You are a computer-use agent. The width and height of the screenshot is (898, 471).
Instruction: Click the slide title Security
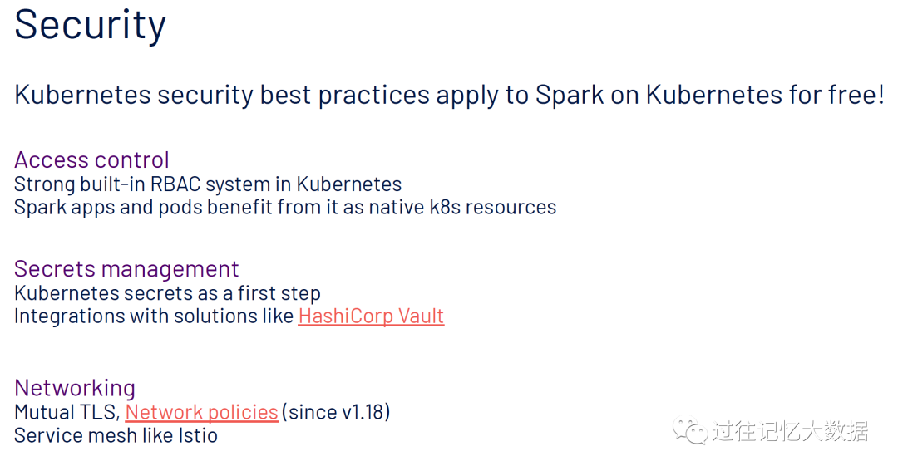[x=90, y=25]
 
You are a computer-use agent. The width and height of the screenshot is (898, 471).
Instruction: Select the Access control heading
[x=91, y=159]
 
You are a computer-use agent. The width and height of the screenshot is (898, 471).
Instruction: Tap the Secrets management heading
[x=126, y=269]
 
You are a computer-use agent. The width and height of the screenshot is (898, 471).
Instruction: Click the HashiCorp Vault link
[x=371, y=316]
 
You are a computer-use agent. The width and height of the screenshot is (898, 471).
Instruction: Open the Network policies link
[x=201, y=412]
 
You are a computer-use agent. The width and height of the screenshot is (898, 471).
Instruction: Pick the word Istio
[x=198, y=435]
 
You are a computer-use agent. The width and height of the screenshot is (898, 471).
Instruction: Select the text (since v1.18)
[x=336, y=412]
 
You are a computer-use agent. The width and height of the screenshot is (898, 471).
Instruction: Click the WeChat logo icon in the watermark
[x=690, y=430]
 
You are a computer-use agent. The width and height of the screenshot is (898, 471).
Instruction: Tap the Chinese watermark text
[x=791, y=431]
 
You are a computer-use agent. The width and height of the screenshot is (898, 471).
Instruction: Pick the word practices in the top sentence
[x=374, y=95]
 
